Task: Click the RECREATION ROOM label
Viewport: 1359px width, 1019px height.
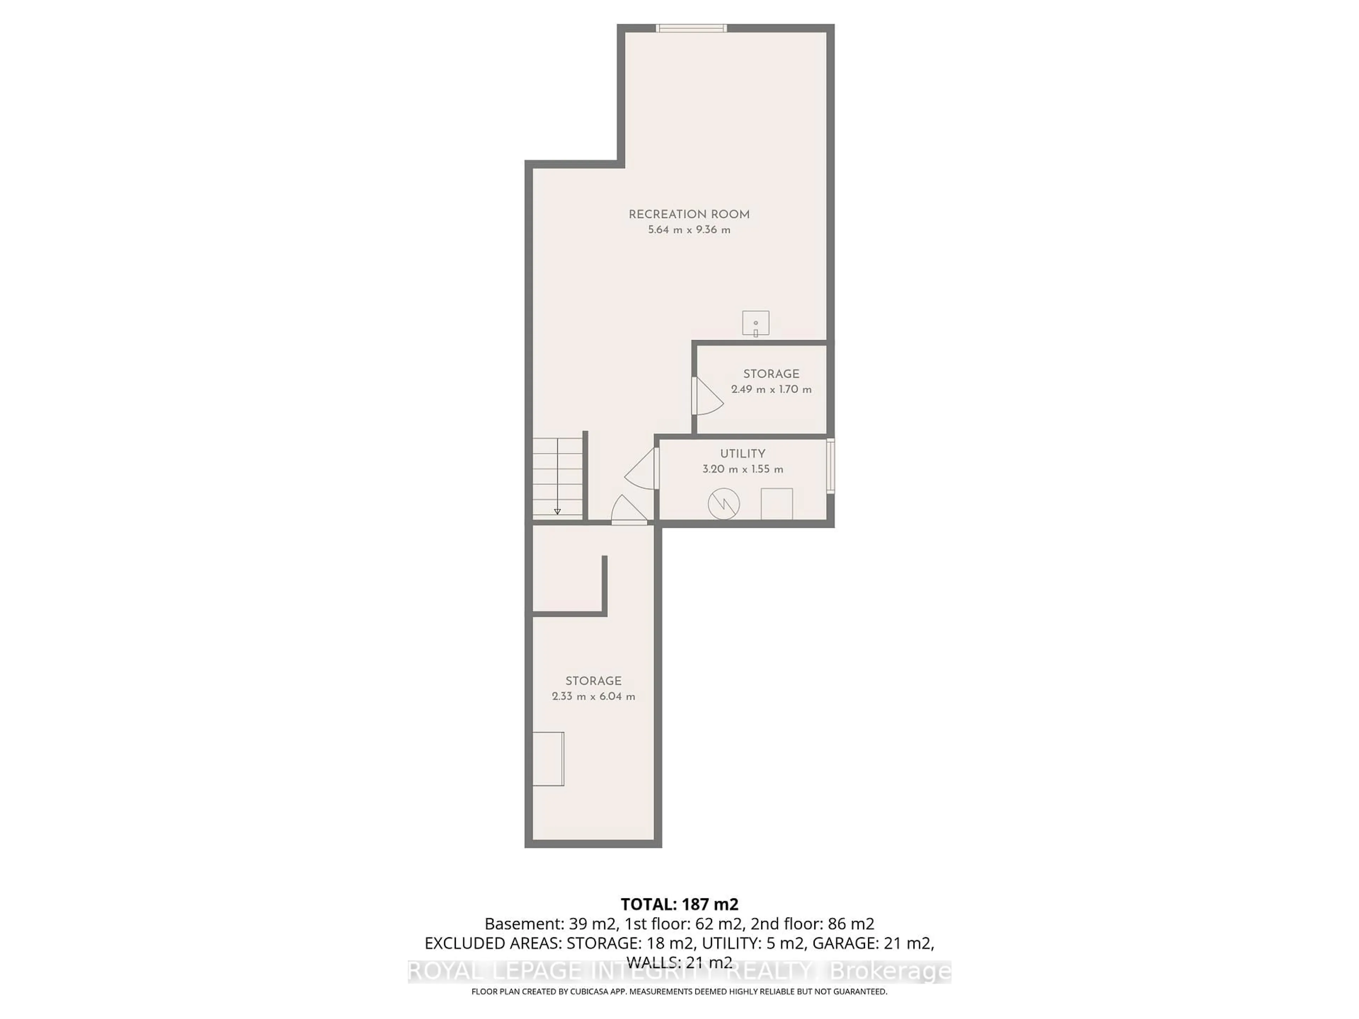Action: pyautogui.click(x=689, y=214)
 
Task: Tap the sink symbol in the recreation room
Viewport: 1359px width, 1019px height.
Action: pyautogui.click(x=755, y=324)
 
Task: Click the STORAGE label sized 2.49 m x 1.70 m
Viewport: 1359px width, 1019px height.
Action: pyautogui.click(x=771, y=374)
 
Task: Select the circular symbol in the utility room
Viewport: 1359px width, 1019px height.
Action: pyautogui.click(x=724, y=504)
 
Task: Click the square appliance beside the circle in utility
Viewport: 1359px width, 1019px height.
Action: pyautogui.click(x=776, y=504)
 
